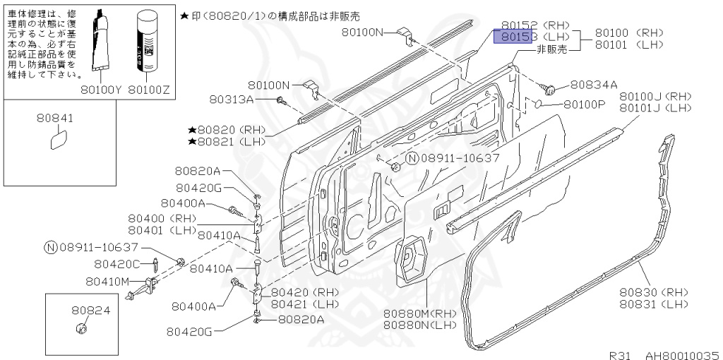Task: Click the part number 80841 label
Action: (x=55, y=119)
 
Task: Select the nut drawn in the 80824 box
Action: (x=80, y=328)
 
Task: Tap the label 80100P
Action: (x=585, y=104)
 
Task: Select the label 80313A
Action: (x=231, y=100)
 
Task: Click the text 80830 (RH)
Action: (x=654, y=292)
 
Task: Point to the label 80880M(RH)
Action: (x=421, y=313)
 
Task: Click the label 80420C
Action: (x=118, y=264)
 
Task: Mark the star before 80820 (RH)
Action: (x=191, y=131)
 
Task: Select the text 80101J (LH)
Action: (x=655, y=108)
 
